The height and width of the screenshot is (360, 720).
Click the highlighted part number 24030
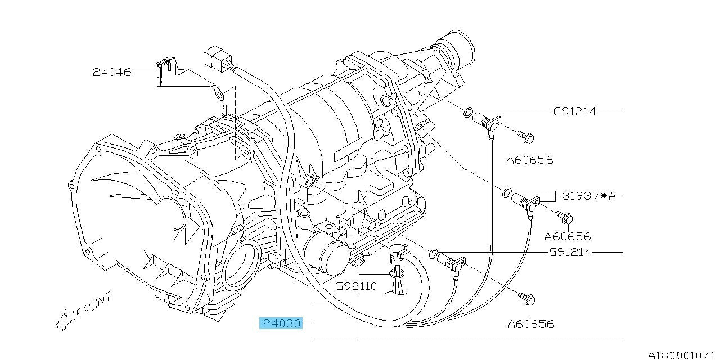click(x=281, y=323)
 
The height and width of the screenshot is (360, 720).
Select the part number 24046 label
click(x=112, y=73)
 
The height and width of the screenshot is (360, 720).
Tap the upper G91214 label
click(x=575, y=111)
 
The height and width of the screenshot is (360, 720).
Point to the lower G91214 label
click(x=570, y=253)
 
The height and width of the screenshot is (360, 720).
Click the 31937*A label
click(x=589, y=196)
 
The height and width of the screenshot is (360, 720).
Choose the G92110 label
click(x=356, y=286)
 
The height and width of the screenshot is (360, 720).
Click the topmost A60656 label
click(x=530, y=160)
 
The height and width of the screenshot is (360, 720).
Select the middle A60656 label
click(x=568, y=237)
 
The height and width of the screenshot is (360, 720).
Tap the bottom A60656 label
click(x=531, y=323)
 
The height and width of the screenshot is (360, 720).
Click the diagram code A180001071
click(x=683, y=355)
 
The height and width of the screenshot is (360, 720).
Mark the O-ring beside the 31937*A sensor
click(x=507, y=192)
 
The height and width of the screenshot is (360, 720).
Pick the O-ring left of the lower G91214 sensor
click(x=433, y=253)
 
